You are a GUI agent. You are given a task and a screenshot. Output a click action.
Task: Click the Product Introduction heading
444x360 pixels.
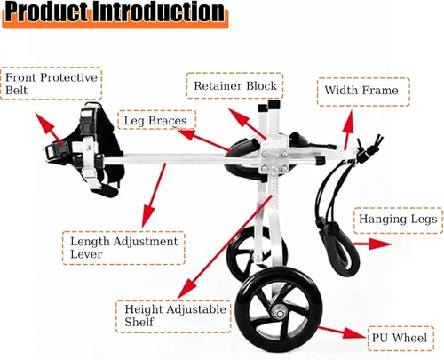click(x=115, y=13)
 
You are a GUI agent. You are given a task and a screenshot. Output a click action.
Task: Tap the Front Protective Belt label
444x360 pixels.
click(x=52, y=84)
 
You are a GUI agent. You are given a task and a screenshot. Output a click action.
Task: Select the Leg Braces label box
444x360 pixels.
click(x=156, y=120)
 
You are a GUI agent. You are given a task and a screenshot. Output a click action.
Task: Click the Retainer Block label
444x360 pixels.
click(x=235, y=86)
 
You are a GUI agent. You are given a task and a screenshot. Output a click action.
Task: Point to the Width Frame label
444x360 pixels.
click(x=363, y=92)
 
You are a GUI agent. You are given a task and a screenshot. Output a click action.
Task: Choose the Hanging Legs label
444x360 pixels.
click(x=398, y=220)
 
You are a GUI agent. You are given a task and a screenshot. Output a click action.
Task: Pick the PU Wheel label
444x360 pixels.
click(x=400, y=339)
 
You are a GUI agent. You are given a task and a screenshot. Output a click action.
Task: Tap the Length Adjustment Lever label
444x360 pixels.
click(x=123, y=248)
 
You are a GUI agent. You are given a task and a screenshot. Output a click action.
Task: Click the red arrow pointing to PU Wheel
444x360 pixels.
click(x=342, y=332)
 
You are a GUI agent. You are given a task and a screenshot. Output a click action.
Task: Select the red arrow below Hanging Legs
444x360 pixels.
click(x=373, y=244)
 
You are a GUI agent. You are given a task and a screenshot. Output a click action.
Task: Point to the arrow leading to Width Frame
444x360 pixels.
click(x=348, y=130)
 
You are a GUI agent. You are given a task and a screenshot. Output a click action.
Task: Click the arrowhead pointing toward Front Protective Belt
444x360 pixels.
click(x=42, y=121)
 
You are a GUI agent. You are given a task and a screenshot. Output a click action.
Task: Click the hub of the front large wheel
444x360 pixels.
click(x=280, y=312)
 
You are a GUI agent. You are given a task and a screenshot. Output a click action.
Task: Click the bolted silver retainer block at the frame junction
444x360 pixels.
click(x=274, y=157)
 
